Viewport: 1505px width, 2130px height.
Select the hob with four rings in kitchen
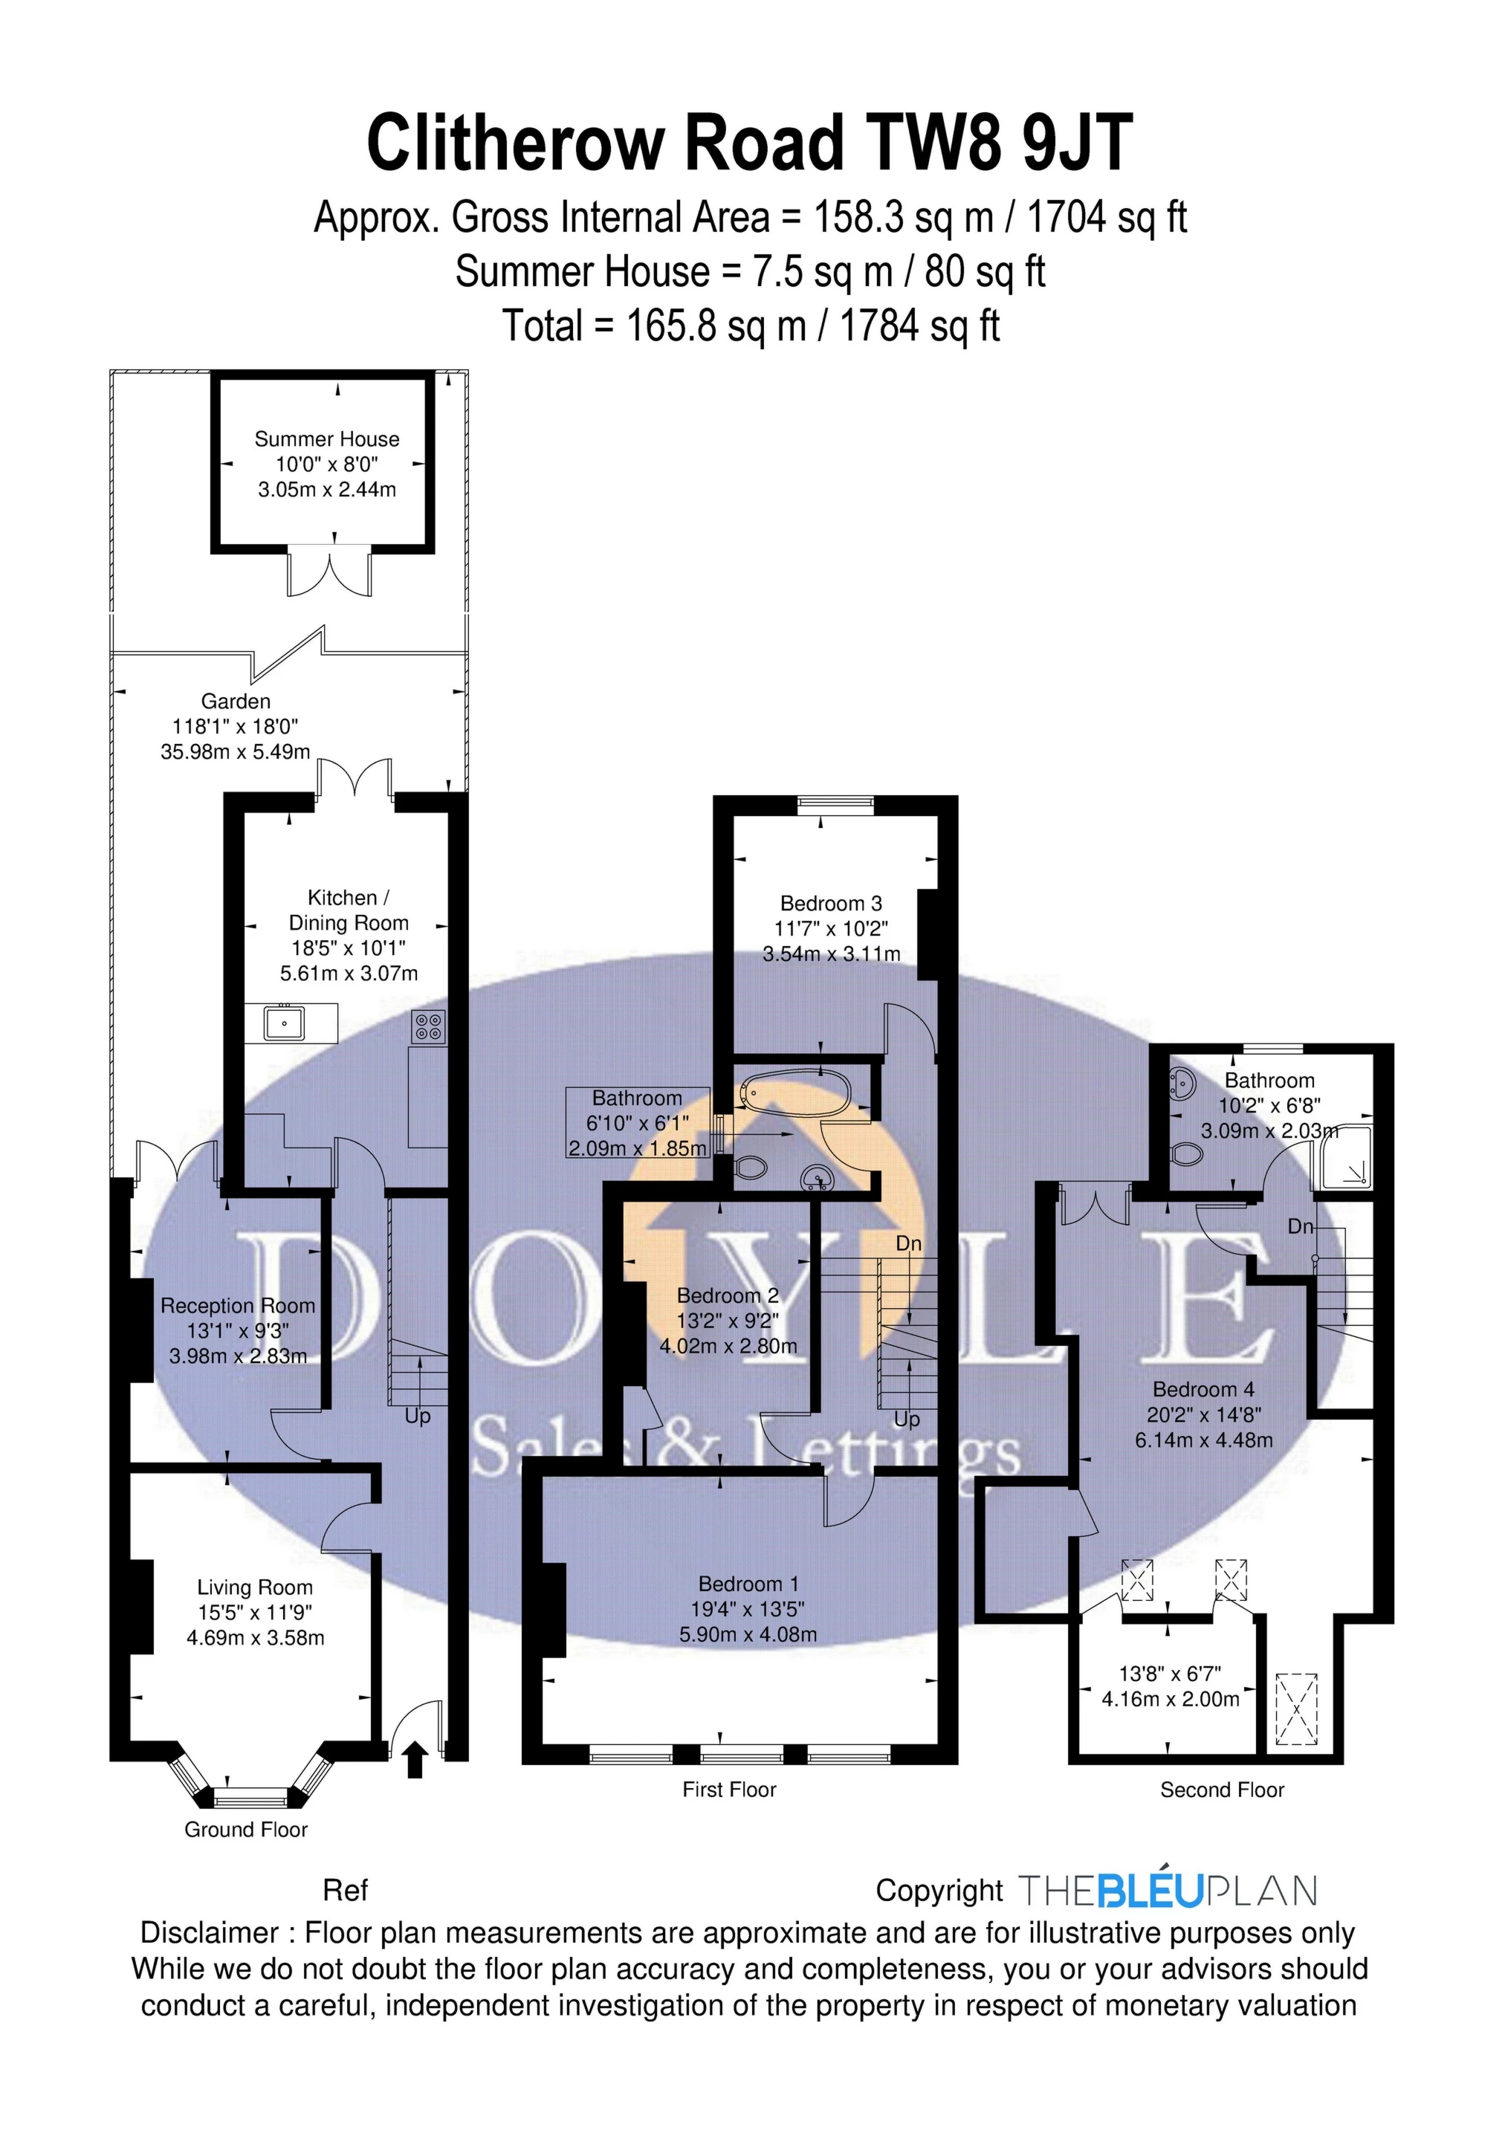click(429, 1026)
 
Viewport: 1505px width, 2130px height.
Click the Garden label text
click(236, 702)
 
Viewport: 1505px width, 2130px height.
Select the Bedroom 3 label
click(830, 903)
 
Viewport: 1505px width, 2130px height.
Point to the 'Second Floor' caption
click(1221, 1790)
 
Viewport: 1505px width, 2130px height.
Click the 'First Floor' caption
click(728, 1790)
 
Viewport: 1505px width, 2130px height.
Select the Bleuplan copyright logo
click(1168, 1891)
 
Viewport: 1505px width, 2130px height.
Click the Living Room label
click(254, 1587)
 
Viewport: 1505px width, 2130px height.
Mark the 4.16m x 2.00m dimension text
click(1170, 1700)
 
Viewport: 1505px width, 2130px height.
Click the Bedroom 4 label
click(1203, 1389)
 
